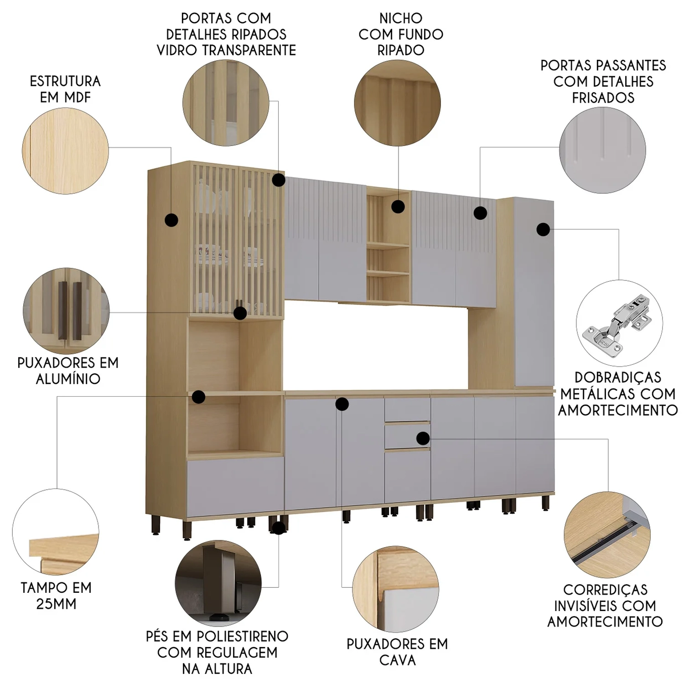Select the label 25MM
point(57,604)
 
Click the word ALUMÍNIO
point(68,378)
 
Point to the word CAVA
point(397,660)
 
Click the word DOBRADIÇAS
point(617,378)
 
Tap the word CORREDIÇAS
point(605,589)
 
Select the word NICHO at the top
point(401,18)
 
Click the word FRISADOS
point(603,98)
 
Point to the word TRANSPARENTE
point(249,50)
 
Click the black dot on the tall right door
point(543,229)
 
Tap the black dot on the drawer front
point(423,438)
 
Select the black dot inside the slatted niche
point(398,207)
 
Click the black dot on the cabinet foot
point(278,528)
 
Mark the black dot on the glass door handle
point(240,313)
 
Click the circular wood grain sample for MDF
point(66,151)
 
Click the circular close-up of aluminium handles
point(67,311)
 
